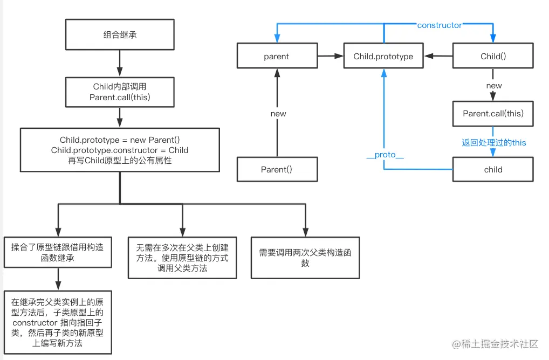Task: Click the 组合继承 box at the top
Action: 120,35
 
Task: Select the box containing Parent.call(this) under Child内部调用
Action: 120,92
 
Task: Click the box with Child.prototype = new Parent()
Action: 120,150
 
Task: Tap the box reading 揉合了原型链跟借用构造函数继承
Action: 57,252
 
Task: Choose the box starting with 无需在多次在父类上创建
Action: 182,258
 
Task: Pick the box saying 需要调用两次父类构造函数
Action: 305,258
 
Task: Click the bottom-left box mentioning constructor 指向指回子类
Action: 57,322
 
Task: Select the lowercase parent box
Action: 276,57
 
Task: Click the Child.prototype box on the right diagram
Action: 383,57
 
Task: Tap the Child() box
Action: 493,57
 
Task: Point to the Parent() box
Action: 276,169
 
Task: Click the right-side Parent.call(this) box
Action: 493,114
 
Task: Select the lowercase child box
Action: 493,169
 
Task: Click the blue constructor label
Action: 439,25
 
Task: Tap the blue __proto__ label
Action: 385,155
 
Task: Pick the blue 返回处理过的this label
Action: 493,143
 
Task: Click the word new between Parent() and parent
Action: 278,114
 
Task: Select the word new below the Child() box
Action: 493,86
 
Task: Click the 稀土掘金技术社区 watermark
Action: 496,343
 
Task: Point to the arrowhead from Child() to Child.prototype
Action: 427,56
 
